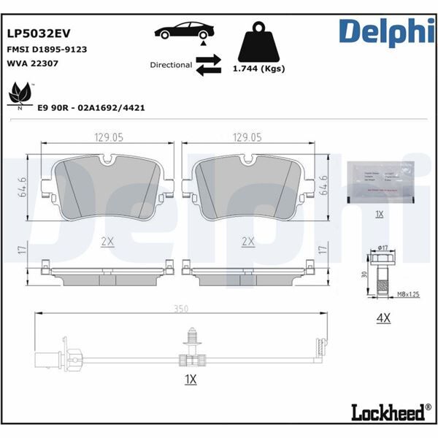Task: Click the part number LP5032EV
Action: [x=37, y=33]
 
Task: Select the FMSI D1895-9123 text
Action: [x=47, y=50]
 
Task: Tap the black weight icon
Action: [x=258, y=42]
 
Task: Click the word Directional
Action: [x=171, y=65]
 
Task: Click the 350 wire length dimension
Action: [x=181, y=309]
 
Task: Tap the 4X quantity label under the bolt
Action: [x=384, y=318]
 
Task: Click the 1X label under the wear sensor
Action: [x=191, y=379]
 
